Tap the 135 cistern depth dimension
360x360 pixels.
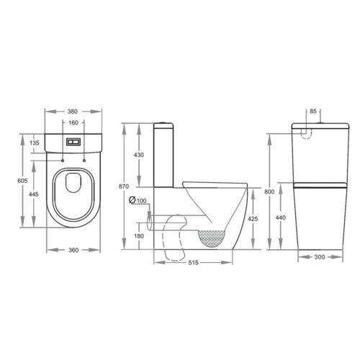click(35, 143)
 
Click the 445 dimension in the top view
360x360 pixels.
click(35, 194)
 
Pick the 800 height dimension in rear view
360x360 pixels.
click(267, 192)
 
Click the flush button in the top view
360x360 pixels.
click(73, 142)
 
